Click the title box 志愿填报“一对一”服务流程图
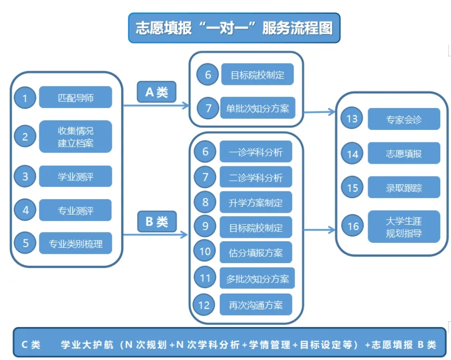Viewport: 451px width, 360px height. coord(234,28)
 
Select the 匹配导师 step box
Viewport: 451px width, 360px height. coord(76,97)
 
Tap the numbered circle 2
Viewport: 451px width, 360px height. coord(25,137)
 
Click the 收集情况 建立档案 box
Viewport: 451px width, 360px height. coord(76,137)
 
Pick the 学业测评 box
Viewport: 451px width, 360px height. coord(76,176)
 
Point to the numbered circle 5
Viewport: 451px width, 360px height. coord(25,243)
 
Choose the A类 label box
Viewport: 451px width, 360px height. coord(156,92)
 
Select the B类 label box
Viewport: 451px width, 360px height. coord(156,222)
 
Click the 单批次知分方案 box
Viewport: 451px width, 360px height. coord(257,108)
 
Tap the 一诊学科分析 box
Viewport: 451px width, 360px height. coord(256,152)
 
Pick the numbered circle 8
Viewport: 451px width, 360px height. coord(205,202)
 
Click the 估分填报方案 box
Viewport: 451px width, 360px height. coord(256,252)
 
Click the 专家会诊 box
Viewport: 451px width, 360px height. coord(404,119)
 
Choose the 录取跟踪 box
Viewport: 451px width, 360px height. coord(404,188)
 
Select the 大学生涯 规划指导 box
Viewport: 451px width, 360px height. coord(404,227)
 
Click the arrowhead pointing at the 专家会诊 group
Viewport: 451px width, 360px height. coord(332,112)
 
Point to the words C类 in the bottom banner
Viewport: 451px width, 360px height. coord(31,345)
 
